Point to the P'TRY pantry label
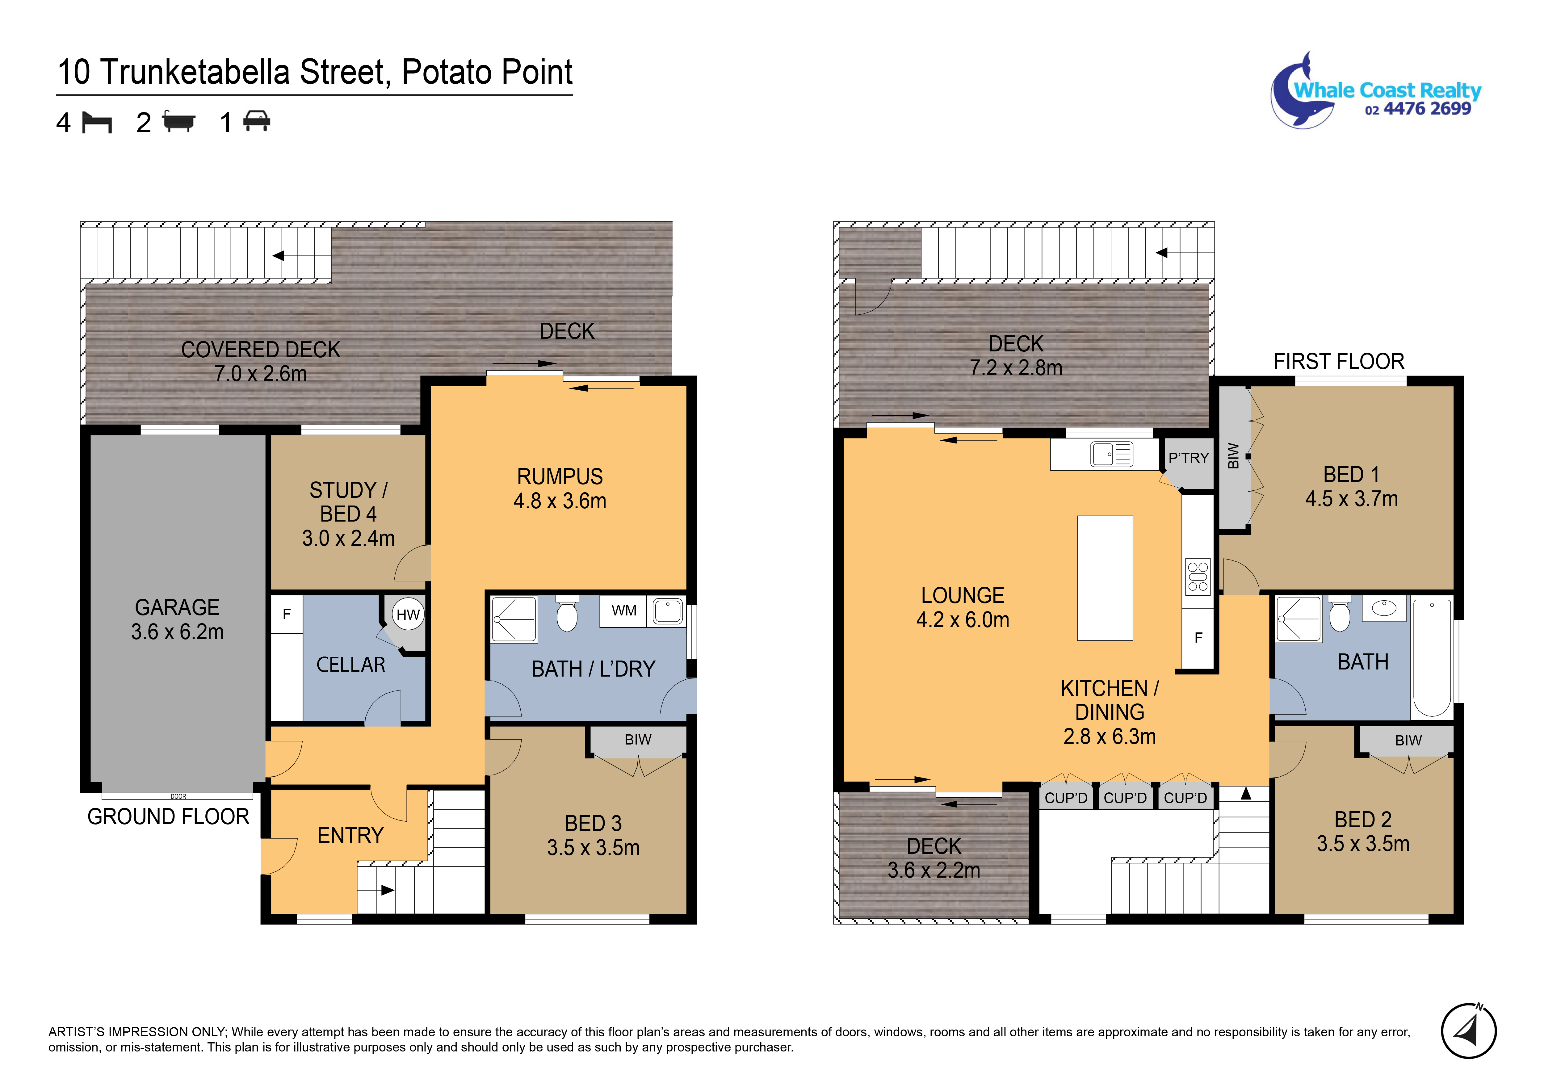(x=1188, y=458)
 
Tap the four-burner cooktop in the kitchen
(x=1198, y=577)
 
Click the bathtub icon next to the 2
(x=179, y=122)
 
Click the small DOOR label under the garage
(x=178, y=796)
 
